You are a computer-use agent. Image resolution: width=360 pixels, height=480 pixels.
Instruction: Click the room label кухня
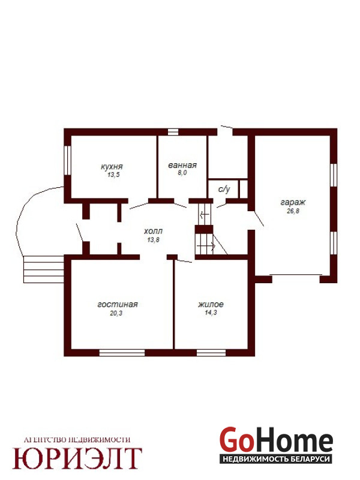click(112, 167)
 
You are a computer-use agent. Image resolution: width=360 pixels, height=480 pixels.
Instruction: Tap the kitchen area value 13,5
click(113, 175)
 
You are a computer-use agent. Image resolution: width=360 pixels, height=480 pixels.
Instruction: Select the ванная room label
click(182, 166)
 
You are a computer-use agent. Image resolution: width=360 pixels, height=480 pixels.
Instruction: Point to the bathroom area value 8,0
click(182, 173)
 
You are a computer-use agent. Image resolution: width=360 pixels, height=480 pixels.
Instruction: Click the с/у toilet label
click(224, 190)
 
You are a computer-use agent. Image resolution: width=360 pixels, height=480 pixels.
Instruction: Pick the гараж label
click(293, 203)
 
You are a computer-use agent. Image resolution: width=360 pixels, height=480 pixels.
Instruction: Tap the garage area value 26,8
click(293, 211)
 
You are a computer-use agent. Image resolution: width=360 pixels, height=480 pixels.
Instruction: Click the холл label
click(154, 231)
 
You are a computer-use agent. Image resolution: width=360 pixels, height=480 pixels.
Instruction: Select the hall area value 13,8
click(154, 240)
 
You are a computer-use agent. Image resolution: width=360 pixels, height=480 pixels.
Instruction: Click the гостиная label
click(118, 305)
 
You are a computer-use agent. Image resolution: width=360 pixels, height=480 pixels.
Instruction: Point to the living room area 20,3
click(116, 313)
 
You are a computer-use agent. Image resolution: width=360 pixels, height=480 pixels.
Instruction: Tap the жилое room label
click(211, 305)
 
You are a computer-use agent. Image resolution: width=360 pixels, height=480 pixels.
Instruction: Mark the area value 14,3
click(211, 313)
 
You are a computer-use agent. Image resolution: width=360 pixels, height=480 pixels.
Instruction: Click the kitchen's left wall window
click(68, 160)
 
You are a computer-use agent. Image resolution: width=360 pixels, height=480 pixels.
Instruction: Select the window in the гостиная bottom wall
click(122, 353)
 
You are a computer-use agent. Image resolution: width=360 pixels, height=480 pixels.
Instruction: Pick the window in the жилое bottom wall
click(211, 353)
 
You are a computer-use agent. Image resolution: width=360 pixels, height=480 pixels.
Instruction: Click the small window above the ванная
click(173, 132)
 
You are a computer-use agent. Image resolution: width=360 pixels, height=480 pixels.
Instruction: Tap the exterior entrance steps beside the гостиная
click(44, 269)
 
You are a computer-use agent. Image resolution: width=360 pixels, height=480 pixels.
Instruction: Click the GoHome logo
click(276, 445)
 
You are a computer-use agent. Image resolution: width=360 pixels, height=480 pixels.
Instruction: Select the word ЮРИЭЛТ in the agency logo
click(77, 458)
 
